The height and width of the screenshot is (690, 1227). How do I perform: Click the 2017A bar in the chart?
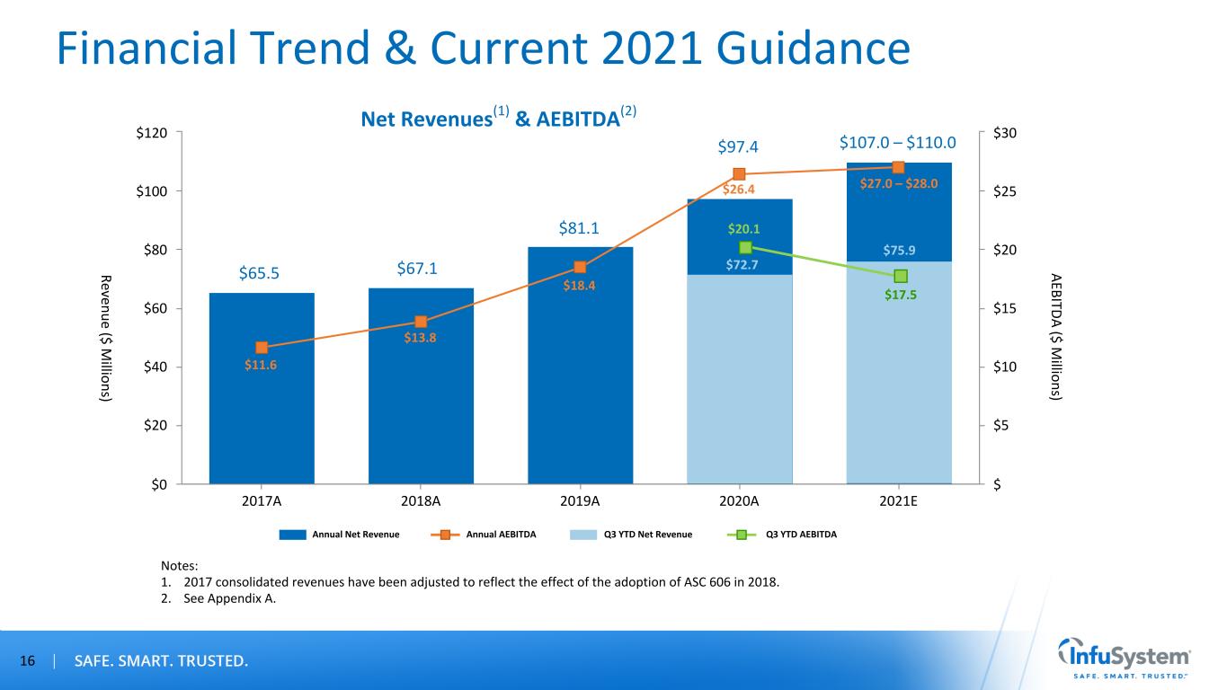[x=262, y=388]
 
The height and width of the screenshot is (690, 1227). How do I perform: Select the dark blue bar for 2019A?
[x=580, y=366]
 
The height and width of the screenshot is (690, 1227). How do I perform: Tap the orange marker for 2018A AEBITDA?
[x=421, y=322]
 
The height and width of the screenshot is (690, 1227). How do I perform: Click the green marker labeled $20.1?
[x=745, y=248]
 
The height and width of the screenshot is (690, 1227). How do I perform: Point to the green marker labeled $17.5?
[x=901, y=276]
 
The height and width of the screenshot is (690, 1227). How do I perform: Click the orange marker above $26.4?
[x=739, y=174]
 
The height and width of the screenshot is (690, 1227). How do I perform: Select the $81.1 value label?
[x=579, y=228]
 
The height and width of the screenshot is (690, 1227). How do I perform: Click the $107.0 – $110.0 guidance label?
[x=898, y=142]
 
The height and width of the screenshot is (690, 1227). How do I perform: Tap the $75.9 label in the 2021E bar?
[x=899, y=251]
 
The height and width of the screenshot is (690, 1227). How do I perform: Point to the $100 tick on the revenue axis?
[x=152, y=191]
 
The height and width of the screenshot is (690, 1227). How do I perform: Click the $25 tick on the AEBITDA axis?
[x=1005, y=191]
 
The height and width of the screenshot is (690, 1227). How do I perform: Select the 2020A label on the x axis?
[x=739, y=501]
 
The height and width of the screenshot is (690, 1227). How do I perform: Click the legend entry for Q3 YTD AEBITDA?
[x=782, y=535]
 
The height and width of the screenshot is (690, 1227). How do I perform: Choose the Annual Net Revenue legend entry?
[x=339, y=535]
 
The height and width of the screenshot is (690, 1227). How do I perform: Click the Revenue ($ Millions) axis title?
[x=106, y=339]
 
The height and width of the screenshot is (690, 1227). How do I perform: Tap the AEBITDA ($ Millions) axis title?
[x=1056, y=337]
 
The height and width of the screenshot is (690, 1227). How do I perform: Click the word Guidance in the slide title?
[x=813, y=49]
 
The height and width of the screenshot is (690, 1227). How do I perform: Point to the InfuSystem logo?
[x=1124, y=658]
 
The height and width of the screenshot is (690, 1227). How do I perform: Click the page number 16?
[x=27, y=661]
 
